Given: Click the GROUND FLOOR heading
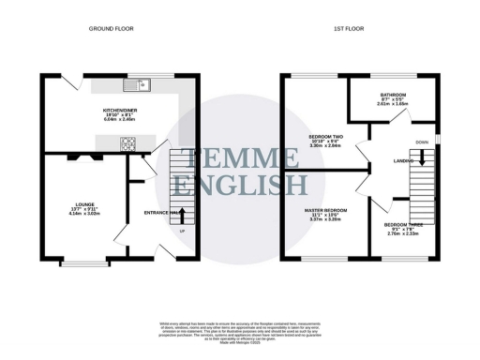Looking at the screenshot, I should [x=112, y=29].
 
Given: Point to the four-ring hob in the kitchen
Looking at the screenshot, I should [x=127, y=143].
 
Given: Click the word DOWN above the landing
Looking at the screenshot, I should [x=422, y=143].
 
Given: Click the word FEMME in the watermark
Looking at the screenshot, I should [x=240, y=157].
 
